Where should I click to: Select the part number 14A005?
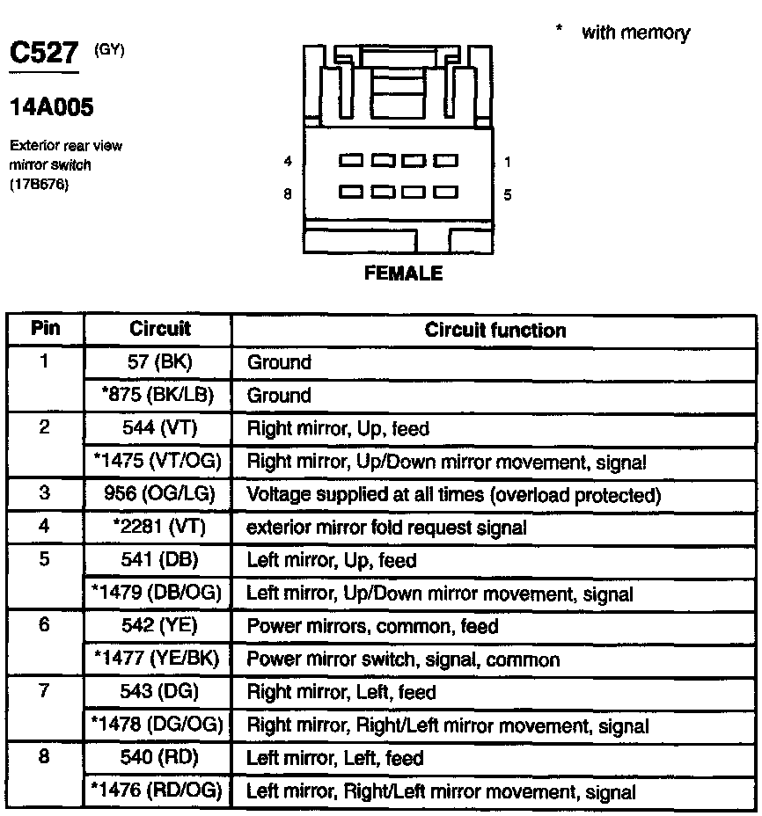tap(51, 107)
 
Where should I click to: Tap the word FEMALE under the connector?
tap(403, 273)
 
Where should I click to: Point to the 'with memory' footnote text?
tap(635, 33)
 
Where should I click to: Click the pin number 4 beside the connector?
tap(288, 162)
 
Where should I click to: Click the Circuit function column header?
tap(495, 330)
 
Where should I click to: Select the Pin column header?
tap(46, 329)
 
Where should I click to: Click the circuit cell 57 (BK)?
tap(159, 362)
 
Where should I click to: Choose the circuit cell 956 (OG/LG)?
tap(159, 494)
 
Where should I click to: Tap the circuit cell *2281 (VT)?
tap(159, 528)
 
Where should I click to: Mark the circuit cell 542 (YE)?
tap(159, 626)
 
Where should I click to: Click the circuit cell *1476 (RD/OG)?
tap(159, 791)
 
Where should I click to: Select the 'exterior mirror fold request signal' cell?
tap(386, 528)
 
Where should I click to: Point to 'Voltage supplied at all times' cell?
tap(453, 494)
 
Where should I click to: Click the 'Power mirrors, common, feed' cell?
tap(372, 626)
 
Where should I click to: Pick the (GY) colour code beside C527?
tap(109, 50)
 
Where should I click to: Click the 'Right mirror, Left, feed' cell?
tap(341, 692)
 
